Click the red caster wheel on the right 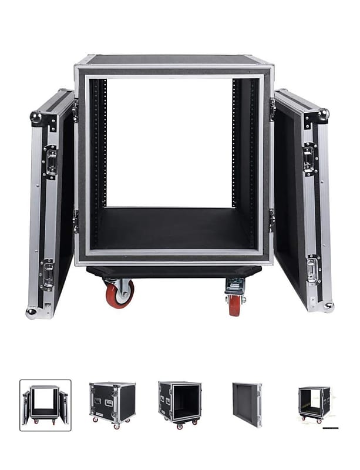click(x=235, y=304)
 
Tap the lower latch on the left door click(x=47, y=275)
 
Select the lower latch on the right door click(x=312, y=270)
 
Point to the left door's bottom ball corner click(x=31, y=313)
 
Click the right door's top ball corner click(x=323, y=114)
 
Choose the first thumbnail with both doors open click(x=45, y=405)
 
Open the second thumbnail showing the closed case click(x=112, y=402)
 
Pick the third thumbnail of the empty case click(x=180, y=402)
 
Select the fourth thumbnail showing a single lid click(x=247, y=404)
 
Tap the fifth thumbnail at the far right click(x=314, y=404)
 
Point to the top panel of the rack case click(x=173, y=59)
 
